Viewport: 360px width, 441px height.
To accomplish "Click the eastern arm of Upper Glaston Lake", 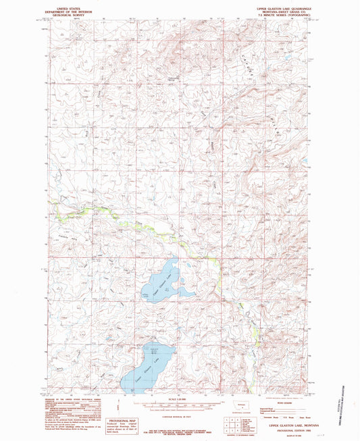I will pos(185,292).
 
